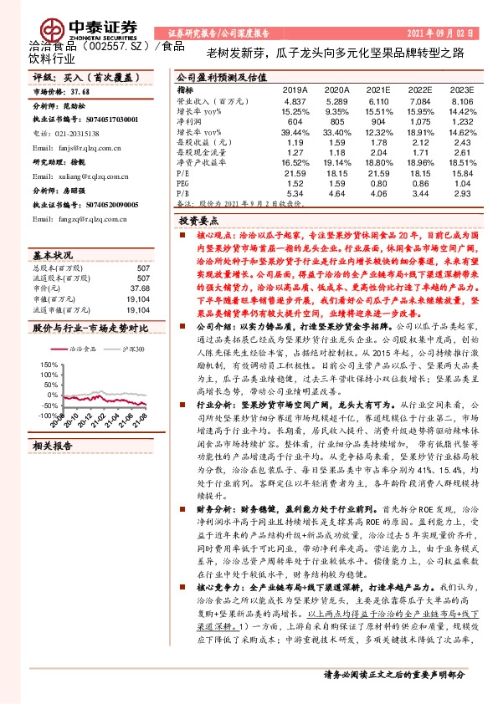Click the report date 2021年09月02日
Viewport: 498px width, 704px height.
(440, 34)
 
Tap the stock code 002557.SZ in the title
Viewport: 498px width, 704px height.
(114, 50)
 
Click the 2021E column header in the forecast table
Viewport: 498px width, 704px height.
(379, 89)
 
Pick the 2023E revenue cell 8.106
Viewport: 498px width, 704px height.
(462, 100)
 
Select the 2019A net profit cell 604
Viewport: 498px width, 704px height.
(294, 121)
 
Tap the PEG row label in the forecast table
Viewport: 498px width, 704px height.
(184, 181)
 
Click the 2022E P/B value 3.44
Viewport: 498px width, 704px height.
(420, 193)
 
